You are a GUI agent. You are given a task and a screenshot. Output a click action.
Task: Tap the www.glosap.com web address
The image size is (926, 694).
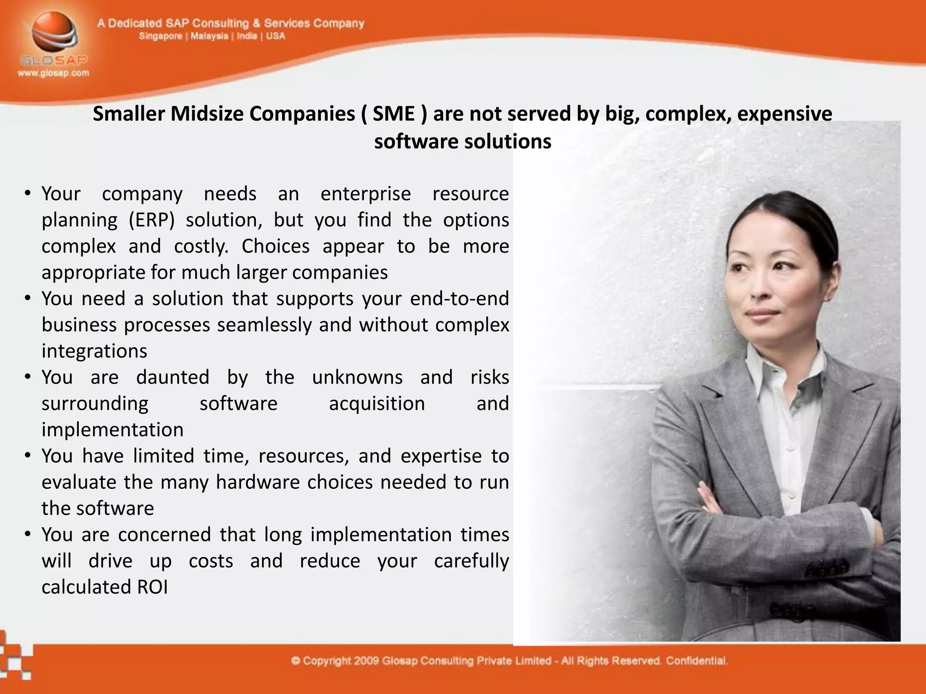click(53, 73)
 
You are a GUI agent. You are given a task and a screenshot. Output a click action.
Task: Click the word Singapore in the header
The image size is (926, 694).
click(161, 36)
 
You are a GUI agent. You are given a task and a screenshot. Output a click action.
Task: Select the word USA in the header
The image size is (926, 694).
click(275, 36)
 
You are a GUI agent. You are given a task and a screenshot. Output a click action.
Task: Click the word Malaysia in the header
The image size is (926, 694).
click(209, 36)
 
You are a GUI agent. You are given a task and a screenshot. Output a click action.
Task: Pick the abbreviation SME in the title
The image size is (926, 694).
click(393, 113)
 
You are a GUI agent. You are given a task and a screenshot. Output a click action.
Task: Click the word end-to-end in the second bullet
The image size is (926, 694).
click(459, 299)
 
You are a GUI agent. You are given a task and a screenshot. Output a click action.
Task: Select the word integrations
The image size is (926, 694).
click(94, 351)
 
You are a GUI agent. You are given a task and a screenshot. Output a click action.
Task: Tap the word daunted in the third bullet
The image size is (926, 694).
click(173, 377)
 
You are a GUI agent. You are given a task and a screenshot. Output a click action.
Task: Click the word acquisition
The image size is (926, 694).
click(377, 403)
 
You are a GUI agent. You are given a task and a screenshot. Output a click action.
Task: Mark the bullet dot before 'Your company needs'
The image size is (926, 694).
click(28, 194)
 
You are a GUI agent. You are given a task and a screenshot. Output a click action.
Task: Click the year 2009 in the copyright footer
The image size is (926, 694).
click(366, 661)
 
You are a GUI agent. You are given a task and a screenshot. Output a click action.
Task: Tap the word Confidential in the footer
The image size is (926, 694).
click(697, 661)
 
